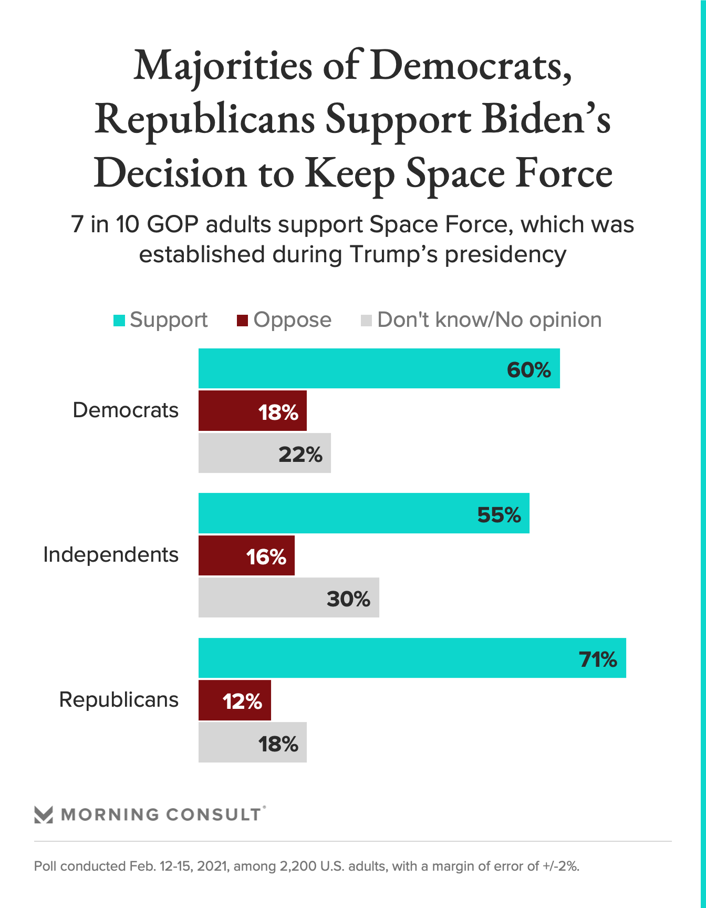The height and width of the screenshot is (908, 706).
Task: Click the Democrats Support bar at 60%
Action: point(379,368)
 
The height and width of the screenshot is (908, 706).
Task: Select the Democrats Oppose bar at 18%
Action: point(252,411)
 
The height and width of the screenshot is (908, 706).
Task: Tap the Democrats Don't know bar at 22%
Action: point(264,453)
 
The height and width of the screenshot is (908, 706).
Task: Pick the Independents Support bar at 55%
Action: point(364,513)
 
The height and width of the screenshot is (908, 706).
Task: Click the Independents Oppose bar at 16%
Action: point(246,555)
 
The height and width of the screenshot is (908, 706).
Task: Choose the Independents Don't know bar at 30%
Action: point(288,597)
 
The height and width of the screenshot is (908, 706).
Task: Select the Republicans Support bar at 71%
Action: point(412,658)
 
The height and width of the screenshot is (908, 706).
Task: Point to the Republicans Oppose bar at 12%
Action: point(234,700)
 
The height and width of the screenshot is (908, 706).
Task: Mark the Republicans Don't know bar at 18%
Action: point(252,742)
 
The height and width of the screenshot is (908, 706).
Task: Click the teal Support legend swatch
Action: point(119,321)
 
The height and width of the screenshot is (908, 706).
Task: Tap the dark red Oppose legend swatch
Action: point(242,321)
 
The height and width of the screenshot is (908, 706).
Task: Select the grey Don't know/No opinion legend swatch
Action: point(366,321)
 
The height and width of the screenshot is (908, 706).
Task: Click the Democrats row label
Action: point(126,410)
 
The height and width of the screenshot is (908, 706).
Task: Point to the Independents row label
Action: point(111,555)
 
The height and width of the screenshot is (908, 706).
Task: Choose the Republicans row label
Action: point(119,700)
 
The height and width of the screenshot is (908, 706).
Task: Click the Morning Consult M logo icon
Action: point(44,814)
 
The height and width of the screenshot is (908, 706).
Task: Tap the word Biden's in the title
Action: point(546,119)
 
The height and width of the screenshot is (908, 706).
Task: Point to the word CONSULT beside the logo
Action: point(213,814)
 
